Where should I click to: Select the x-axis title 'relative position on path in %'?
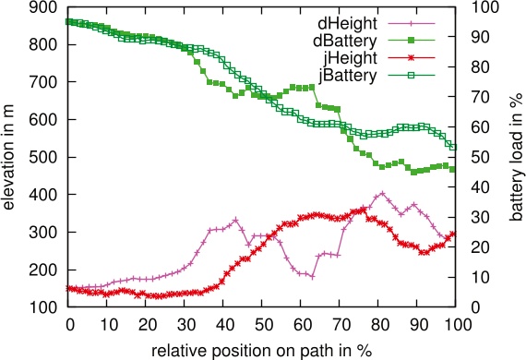[x=261, y=349]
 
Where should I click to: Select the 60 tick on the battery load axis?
[x=474, y=127]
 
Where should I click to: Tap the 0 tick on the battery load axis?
[x=471, y=307]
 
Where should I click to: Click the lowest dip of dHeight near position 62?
[x=312, y=276]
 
